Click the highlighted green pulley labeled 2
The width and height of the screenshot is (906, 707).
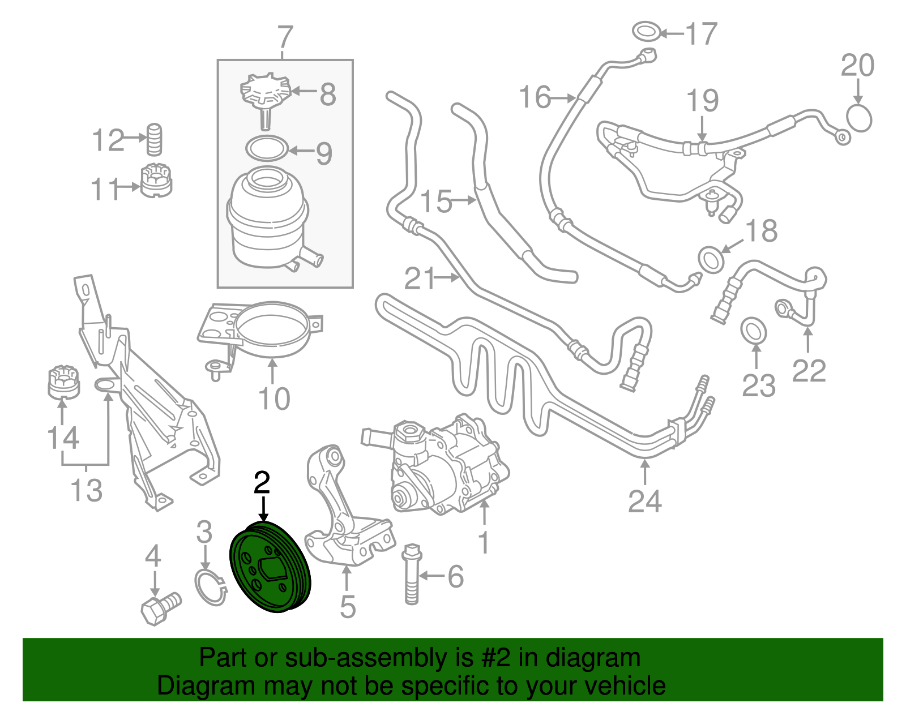click(270, 569)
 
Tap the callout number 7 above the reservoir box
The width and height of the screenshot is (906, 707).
click(285, 38)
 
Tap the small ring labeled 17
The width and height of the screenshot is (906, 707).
click(646, 32)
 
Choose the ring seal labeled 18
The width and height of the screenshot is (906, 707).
click(711, 259)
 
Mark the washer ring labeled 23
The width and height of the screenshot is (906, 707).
click(754, 330)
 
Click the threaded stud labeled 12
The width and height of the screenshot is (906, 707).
click(155, 139)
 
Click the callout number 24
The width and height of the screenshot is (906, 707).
click(644, 502)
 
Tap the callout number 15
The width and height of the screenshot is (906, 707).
click(436, 202)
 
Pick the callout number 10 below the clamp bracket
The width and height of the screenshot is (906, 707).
click(274, 399)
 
